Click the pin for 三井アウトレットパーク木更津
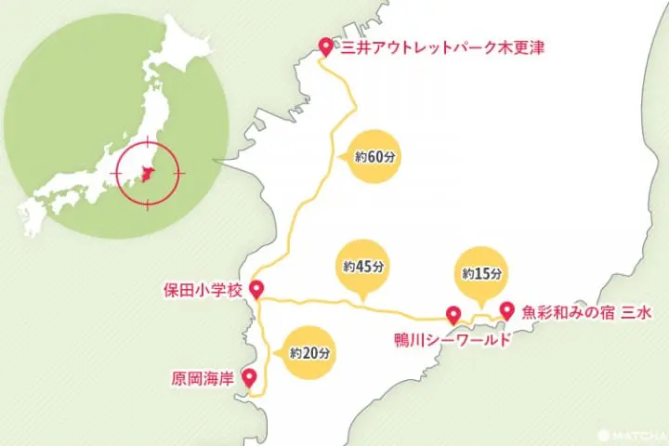click(x=325, y=46)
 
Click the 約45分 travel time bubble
click(x=362, y=266)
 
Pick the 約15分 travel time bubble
click(x=481, y=273)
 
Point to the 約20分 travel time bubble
click(x=308, y=353)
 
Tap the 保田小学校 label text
click(x=202, y=291)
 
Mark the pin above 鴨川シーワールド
click(x=453, y=314)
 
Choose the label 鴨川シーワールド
click(x=453, y=340)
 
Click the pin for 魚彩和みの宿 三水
click(x=506, y=310)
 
